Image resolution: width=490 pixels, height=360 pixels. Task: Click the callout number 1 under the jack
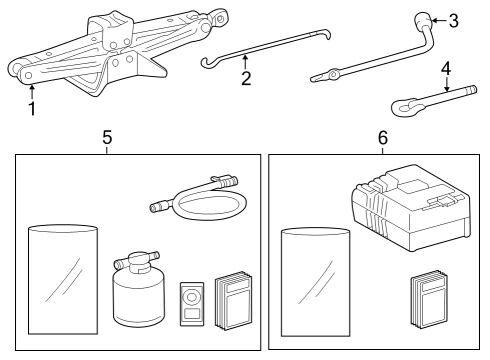32,109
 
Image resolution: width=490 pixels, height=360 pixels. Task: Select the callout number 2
246,78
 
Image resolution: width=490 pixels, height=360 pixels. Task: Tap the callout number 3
454,21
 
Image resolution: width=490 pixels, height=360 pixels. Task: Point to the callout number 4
446,69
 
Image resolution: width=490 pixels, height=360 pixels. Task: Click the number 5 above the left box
107,137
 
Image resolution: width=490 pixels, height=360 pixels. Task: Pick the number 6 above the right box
383,137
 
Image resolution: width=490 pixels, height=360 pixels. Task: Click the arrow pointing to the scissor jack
32,93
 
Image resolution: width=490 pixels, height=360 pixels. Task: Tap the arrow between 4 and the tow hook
446,84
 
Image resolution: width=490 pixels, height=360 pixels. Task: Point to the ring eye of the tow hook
404,107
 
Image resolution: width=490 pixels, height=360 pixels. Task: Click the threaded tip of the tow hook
471,90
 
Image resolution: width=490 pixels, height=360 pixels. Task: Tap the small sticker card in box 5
192,304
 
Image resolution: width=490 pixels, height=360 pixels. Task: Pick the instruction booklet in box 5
233,301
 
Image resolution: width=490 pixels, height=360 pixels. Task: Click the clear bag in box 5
63,279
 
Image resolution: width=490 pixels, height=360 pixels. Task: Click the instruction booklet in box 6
428,300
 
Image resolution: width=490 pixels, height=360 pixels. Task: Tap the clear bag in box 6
316,282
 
